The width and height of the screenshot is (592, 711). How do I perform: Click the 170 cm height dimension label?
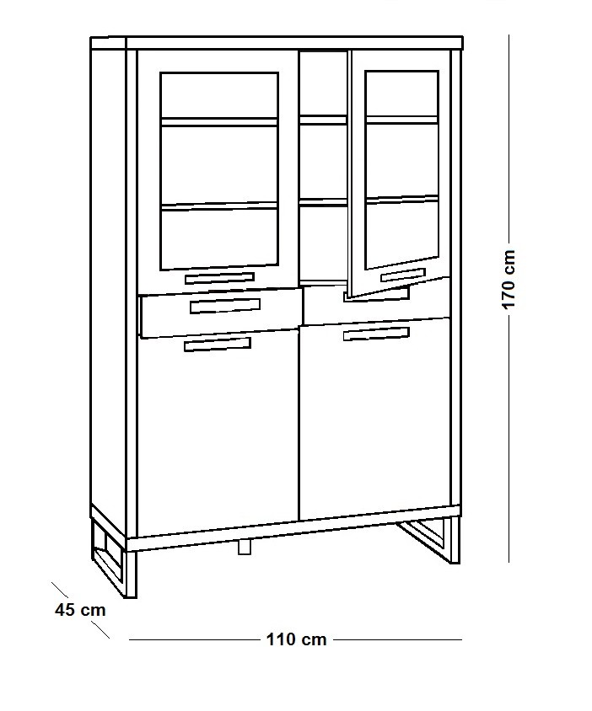pyautogui.click(x=509, y=279)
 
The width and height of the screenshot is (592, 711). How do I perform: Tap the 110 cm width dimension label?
pyautogui.click(x=296, y=639)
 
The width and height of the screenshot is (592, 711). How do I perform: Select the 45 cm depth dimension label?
pyautogui.click(x=80, y=610)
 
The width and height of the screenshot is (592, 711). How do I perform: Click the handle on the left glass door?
pyautogui.click(x=219, y=278)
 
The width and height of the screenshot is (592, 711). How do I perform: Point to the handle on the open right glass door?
pyautogui.click(x=403, y=275)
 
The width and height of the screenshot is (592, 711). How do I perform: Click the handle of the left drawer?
pyautogui.click(x=225, y=306)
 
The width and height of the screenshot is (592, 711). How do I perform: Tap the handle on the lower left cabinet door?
pyautogui.click(x=218, y=345)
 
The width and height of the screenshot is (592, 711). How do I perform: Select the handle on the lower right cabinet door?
pyautogui.click(x=376, y=334)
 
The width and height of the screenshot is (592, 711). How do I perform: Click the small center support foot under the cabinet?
pyautogui.click(x=245, y=548)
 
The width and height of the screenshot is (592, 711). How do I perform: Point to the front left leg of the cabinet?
pyautogui.click(x=132, y=574)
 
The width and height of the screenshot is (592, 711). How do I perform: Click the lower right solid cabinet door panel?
pyautogui.click(x=374, y=420)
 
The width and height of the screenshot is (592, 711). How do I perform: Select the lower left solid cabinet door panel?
pyautogui.click(x=218, y=433)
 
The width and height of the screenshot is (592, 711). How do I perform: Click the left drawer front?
pyautogui.click(x=221, y=312)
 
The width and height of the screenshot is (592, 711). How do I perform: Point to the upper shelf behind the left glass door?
pyautogui.click(x=218, y=121)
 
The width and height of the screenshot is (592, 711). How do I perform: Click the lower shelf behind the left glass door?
pyautogui.click(x=218, y=206)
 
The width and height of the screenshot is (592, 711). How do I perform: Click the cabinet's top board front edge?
pyautogui.click(x=294, y=44)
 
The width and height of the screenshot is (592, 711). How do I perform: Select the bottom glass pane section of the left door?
pyautogui.click(x=218, y=239)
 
